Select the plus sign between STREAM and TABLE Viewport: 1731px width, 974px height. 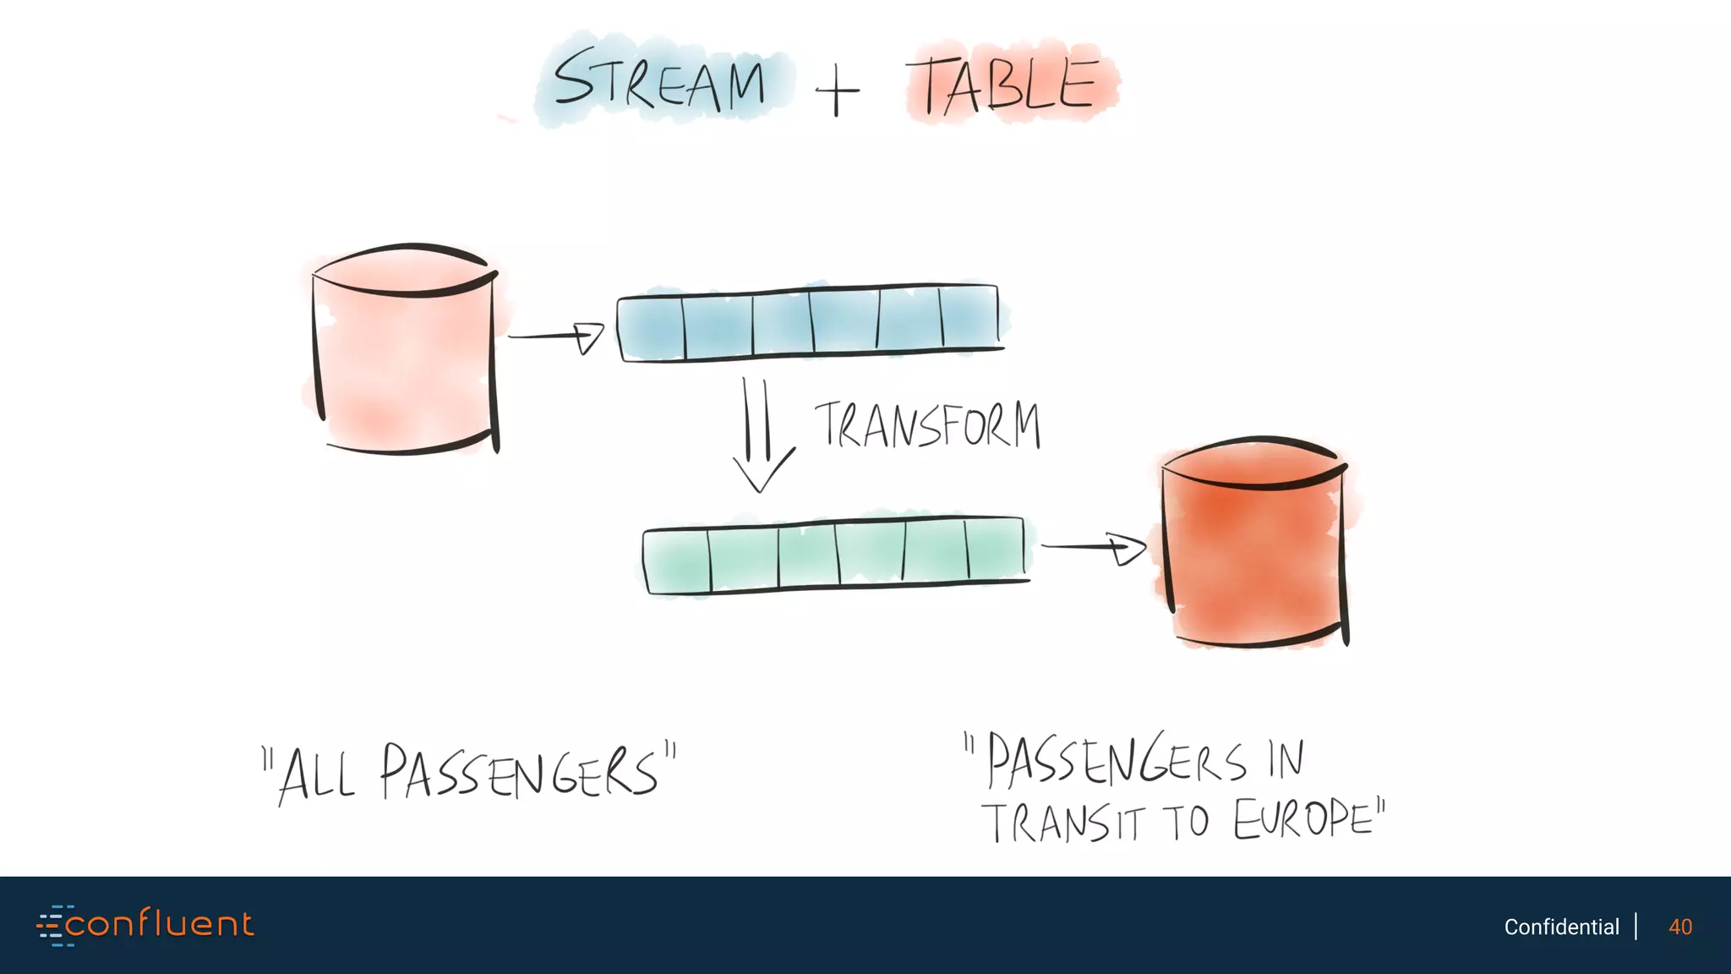pyautogui.click(x=837, y=90)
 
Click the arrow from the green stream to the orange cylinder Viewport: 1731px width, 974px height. pyautogui.click(x=1094, y=548)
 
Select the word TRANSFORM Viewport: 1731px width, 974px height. pyautogui.click(x=927, y=424)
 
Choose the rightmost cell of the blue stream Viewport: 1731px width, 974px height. pyautogui.click(x=970, y=318)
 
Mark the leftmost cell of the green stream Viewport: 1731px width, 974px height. pyautogui.click(x=677, y=560)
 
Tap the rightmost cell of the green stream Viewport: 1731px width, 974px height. pyautogui.click(x=996, y=550)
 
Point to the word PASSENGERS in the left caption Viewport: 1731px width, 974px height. pyautogui.click(x=518, y=772)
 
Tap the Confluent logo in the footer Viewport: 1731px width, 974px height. pyautogui.click(x=145, y=925)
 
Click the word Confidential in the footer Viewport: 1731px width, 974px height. pyautogui.click(x=1561, y=927)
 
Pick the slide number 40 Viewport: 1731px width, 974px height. pyautogui.click(x=1680, y=927)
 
